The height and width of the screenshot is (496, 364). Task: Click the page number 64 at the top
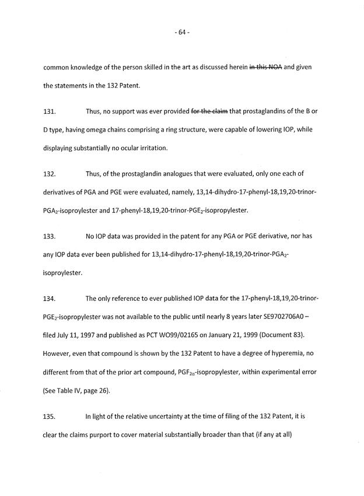181,32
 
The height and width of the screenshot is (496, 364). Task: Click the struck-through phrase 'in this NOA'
265,67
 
